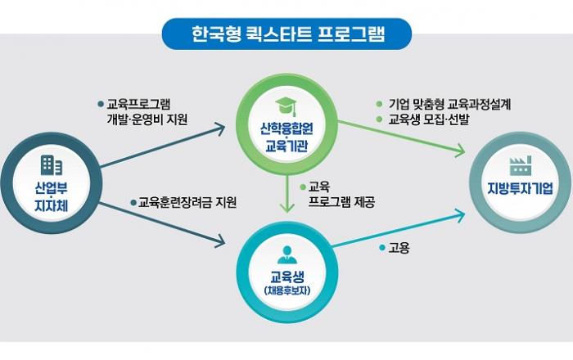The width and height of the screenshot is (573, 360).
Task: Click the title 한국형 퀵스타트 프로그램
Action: [286, 34]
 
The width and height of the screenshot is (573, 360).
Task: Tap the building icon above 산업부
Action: [52, 165]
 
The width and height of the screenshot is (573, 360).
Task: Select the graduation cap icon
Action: [285, 106]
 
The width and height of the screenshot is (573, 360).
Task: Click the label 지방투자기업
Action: [521, 188]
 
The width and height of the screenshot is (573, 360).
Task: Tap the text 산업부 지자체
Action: [52, 194]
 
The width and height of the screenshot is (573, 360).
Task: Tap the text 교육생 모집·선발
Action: [426, 119]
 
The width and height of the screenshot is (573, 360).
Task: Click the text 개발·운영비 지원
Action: [147, 119]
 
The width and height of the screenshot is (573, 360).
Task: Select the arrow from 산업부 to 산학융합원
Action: [164, 146]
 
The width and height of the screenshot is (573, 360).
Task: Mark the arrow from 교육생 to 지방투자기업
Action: [401, 230]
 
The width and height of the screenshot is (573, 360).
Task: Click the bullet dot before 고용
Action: [381, 247]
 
